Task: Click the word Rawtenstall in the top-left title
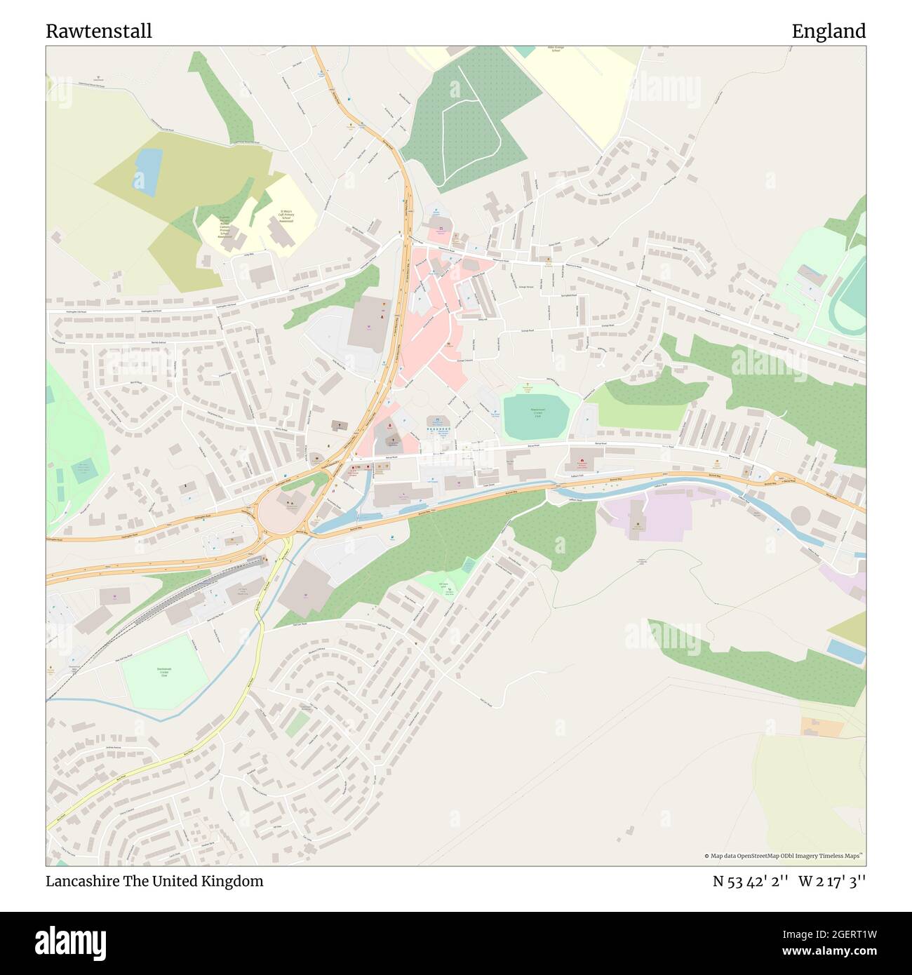(x=99, y=31)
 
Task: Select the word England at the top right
(x=829, y=31)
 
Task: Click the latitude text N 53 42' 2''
(x=751, y=881)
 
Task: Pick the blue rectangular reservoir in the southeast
(x=845, y=650)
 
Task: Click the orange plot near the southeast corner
(x=822, y=727)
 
